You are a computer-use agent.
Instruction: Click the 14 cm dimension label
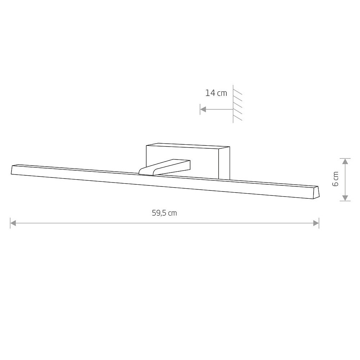216,93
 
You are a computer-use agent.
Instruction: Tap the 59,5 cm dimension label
165,213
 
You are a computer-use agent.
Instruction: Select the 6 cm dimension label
336,179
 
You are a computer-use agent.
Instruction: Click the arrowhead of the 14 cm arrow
203,109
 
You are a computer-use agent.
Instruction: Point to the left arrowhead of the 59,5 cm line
13,223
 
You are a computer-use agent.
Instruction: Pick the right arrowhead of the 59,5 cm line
316,223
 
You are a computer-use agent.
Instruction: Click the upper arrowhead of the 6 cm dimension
345,161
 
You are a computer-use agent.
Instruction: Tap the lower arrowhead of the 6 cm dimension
345,198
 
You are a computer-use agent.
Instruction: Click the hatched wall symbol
237,104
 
